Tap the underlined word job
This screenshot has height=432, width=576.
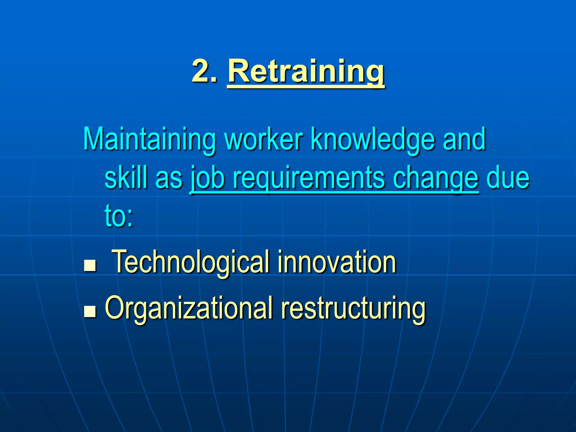coord(208,179)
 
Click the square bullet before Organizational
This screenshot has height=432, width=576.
coord(90,312)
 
